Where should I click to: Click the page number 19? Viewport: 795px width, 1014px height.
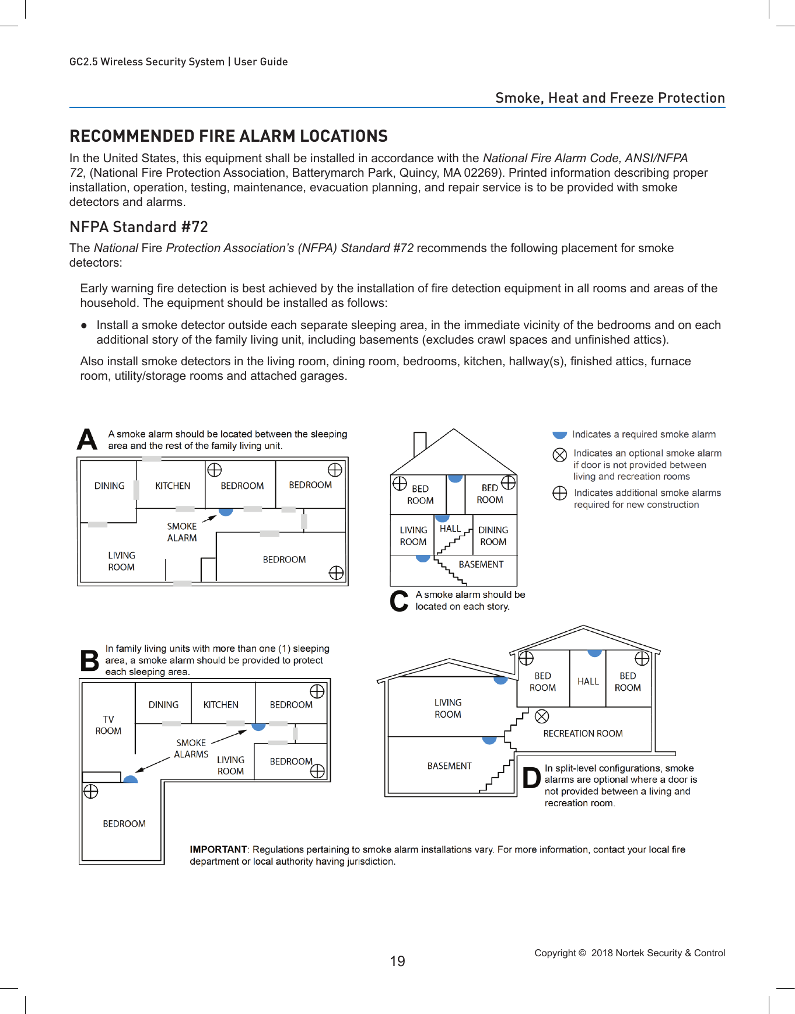pos(397,961)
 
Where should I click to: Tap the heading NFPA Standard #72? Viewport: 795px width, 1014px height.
pos(138,227)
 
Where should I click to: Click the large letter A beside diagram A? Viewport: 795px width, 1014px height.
pos(87,440)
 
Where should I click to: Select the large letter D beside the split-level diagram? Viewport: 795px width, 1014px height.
pos(531,778)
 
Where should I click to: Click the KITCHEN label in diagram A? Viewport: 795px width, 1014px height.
pos(173,485)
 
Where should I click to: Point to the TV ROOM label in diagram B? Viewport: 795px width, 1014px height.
pos(108,725)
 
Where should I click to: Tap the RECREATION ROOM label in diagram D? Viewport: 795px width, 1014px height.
pos(583,733)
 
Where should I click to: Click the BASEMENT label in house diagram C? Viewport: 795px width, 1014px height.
pos(481,564)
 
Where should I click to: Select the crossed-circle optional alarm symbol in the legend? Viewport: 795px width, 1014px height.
pos(559,454)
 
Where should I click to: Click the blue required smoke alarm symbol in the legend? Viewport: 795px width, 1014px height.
pos(559,435)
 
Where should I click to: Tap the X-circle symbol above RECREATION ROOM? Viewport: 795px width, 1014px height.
pos(542,716)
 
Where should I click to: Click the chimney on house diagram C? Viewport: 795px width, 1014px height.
pos(419,445)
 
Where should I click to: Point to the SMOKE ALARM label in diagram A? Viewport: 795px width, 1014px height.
pos(182,532)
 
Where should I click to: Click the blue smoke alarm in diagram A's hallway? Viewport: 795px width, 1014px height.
pos(226,511)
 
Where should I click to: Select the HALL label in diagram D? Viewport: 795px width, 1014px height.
pos(588,681)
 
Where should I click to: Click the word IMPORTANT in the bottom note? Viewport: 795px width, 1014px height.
pos(218,849)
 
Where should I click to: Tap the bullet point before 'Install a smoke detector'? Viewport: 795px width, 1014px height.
pos(84,326)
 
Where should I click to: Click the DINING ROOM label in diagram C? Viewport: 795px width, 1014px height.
pos(493,536)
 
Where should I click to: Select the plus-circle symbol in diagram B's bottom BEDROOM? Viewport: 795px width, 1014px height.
pos(90,792)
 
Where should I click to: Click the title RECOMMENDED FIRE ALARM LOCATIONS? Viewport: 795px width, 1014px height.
pos(228,136)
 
